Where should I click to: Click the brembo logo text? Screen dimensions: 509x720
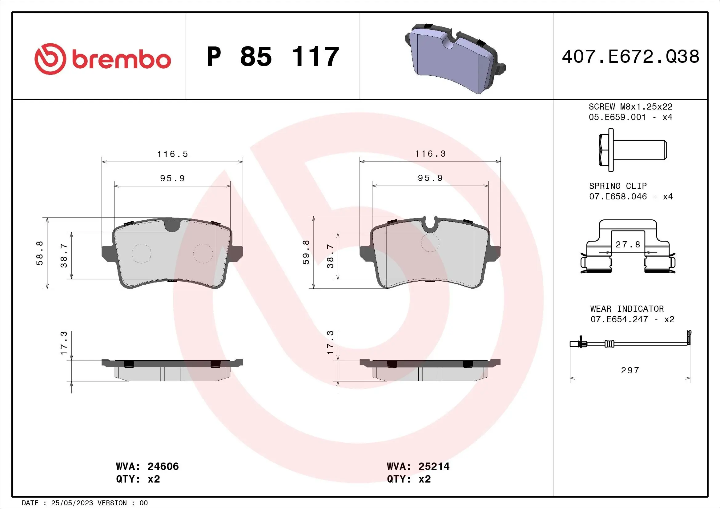[x=121, y=60]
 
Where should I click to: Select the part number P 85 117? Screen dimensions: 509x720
[x=273, y=57]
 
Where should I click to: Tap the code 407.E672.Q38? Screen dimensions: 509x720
[x=630, y=57]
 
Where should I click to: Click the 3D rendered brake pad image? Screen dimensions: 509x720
[x=455, y=58]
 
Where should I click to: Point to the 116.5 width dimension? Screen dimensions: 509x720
[x=172, y=154]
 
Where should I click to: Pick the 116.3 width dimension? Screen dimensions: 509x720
[x=430, y=154]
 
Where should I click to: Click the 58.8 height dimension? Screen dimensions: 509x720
[x=40, y=253]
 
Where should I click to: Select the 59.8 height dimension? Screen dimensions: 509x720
[x=306, y=252]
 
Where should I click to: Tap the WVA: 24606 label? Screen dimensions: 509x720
[x=147, y=466]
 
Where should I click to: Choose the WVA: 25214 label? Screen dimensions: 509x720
[x=418, y=466]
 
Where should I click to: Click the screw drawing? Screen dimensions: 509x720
[x=632, y=150]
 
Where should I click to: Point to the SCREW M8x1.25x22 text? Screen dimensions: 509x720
[x=630, y=106]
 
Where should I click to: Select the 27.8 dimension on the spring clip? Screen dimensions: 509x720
[x=628, y=244]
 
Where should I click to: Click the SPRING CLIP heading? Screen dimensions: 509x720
[x=618, y=186]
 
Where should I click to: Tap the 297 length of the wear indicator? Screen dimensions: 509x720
[x=630, y=370]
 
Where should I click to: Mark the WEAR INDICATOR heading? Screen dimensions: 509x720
[x=627, y=309]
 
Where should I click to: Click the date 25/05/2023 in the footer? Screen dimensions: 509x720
[x=72, y=503]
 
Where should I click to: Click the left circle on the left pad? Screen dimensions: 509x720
[x=141, y=253]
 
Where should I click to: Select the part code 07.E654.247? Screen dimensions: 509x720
[x=619, y=319]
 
